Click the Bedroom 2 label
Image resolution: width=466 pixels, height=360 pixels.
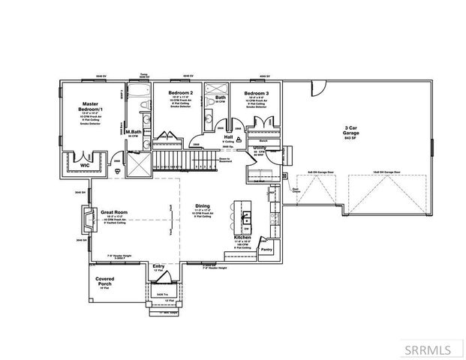(x=181, y=93)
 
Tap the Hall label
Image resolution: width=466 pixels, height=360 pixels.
(x=228, y=138)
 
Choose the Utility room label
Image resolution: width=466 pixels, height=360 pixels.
(x=260, y=148)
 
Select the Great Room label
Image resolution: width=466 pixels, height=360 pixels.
(x=115, y=213)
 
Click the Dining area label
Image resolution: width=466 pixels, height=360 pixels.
(x=203, y=205)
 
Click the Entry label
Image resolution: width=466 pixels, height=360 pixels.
(x=158, y=265)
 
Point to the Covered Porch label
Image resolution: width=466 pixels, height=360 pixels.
(x=106, y=281)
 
